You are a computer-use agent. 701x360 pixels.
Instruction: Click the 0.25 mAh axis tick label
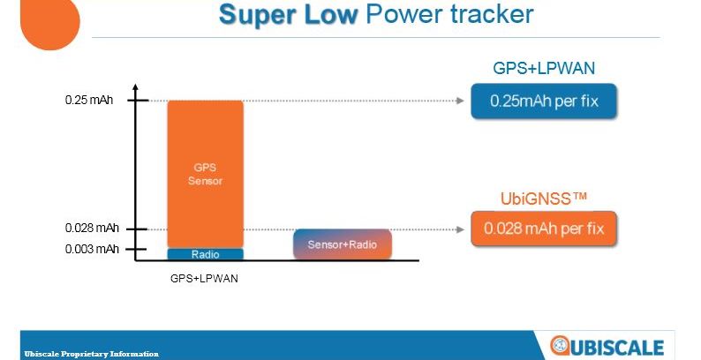(89, 100)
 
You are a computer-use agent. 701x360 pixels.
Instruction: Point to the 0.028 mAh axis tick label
(92, 229)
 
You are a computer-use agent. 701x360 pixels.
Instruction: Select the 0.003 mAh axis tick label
(92, 249)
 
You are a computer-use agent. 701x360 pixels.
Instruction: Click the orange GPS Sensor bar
(206, 174)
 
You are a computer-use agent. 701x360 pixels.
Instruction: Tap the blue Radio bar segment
(206, 254)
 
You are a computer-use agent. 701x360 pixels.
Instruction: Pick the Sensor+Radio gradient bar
(343, 244)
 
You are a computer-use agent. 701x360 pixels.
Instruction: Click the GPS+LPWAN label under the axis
(204, 279)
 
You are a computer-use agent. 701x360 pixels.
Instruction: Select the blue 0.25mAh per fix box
(544, 101)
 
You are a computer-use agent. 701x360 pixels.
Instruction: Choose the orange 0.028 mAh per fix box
(544, 229)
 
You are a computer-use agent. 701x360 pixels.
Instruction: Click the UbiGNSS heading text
(543, 199)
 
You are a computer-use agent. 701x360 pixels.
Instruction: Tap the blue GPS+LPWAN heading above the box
(544, 68)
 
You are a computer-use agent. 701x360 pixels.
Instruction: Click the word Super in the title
(258, 15)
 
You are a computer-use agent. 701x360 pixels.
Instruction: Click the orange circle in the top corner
(50, 22)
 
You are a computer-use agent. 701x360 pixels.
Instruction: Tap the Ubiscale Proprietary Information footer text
(92, 354)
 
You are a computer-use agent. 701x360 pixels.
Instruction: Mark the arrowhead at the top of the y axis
(135, 87)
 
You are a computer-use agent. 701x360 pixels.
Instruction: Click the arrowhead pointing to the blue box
(461, 101)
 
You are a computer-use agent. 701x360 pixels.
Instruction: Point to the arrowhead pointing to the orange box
(461, 229)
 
